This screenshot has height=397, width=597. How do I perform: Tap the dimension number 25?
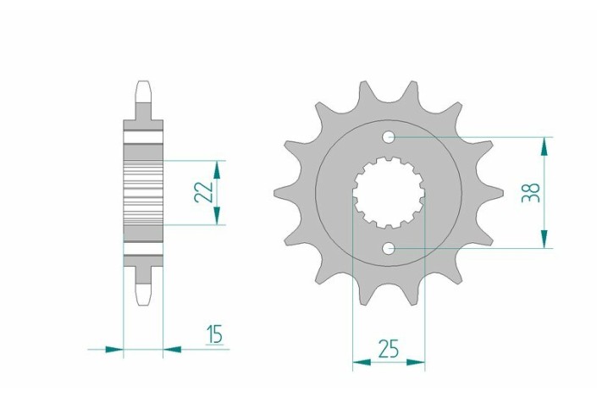tap(390, 348)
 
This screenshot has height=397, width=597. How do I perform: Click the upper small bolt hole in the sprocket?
tap(388, 137)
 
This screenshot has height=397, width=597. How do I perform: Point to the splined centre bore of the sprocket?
tap(388, 193)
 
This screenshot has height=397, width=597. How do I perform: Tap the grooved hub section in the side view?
tap(143, 192)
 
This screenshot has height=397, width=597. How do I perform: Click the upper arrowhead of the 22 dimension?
tap(218, 166)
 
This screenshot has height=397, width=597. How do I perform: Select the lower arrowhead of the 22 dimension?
tap(218, 218)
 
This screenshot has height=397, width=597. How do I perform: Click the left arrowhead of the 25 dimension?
tap(359, 363)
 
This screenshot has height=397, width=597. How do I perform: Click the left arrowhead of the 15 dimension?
tap(116, 348)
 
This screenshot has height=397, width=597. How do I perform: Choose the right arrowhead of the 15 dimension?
tap(170, 348)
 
